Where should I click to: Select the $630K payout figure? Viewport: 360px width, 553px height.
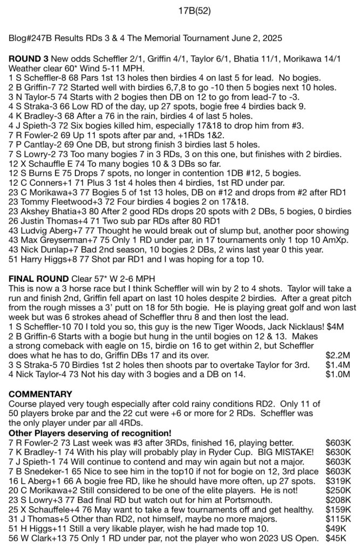[x=337, y=451]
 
